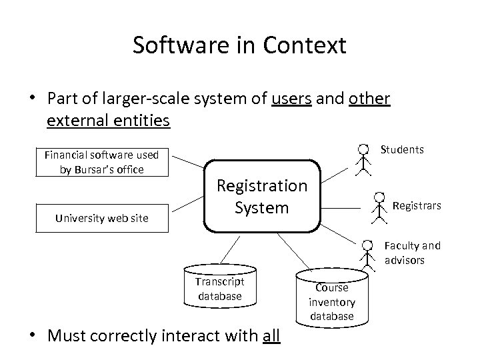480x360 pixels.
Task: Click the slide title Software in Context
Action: [239, 45]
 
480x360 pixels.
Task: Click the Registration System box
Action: [261, 196]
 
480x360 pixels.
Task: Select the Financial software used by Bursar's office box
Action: [101, 162]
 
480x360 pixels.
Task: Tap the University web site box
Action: [101, 217]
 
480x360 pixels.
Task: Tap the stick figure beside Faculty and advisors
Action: [366, 253]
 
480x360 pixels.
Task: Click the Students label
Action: [401, 149]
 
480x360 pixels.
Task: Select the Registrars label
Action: [416, 206]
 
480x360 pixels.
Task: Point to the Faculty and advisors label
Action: [412, 253]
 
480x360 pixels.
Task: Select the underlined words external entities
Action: [108, 121]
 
